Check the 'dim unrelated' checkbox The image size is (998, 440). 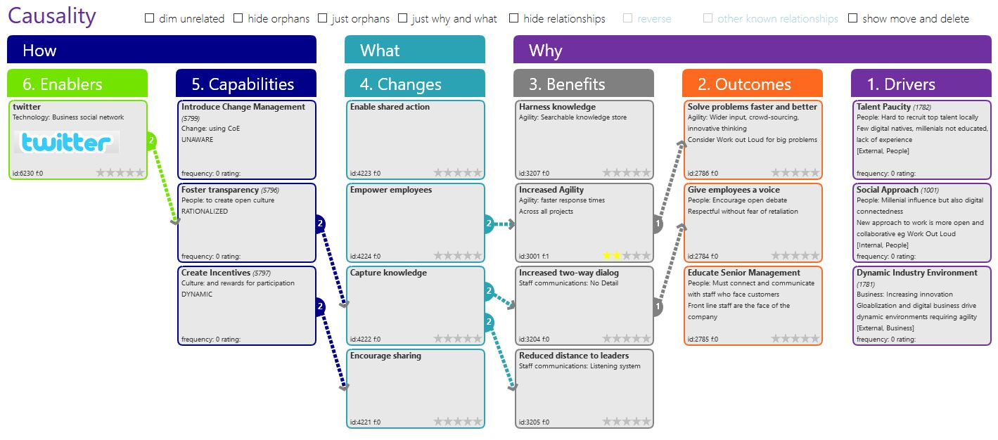149,18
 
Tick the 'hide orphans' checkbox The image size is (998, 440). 238,18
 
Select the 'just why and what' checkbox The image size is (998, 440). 402,18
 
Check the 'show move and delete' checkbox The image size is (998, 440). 852,18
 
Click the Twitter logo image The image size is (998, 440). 67,142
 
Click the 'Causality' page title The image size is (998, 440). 51,16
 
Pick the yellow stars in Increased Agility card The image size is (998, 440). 611,255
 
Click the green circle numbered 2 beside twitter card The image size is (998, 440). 151,141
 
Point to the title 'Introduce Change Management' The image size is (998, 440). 243,107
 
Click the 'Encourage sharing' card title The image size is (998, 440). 385,356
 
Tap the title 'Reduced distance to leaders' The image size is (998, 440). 574,356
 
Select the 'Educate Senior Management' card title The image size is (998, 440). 743,273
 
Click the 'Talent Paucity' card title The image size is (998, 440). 883,107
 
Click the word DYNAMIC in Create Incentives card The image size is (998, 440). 196,295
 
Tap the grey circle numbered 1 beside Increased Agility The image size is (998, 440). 658,224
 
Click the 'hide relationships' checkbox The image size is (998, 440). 513,18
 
